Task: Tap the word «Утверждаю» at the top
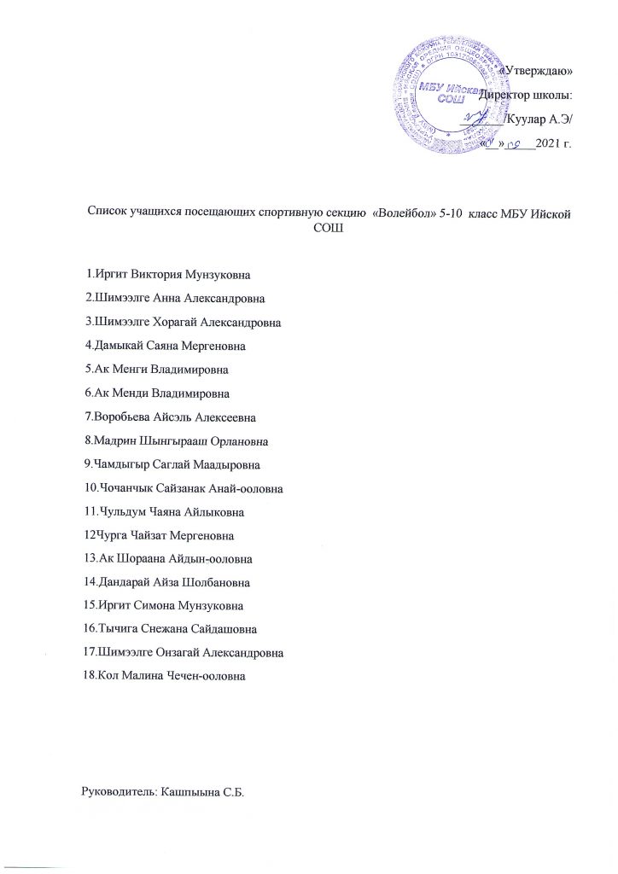click(534, 70)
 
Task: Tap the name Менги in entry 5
click(131, 370)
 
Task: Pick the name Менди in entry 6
click(131, 393)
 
